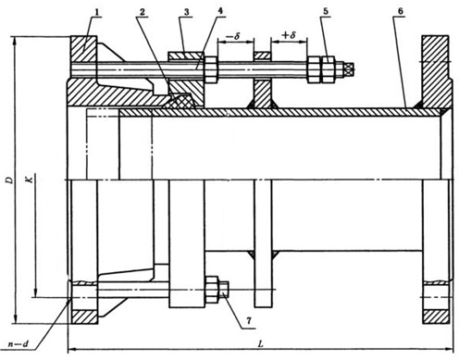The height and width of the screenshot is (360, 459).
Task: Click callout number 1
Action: [97, 12]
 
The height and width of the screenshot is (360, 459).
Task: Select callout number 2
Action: [142, 12]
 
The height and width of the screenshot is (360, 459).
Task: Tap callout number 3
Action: [186, 12]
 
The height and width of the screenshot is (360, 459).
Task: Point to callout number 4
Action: [220, 11]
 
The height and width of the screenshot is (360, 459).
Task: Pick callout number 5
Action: [326, 11]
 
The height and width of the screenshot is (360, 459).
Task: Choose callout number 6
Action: [400, 11]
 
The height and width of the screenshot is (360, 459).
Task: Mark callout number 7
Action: [249, 321]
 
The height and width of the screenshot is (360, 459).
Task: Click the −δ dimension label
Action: [233, 36]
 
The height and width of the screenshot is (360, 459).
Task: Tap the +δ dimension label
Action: [289, 35]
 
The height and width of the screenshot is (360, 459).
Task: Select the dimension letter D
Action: [10, 180]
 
